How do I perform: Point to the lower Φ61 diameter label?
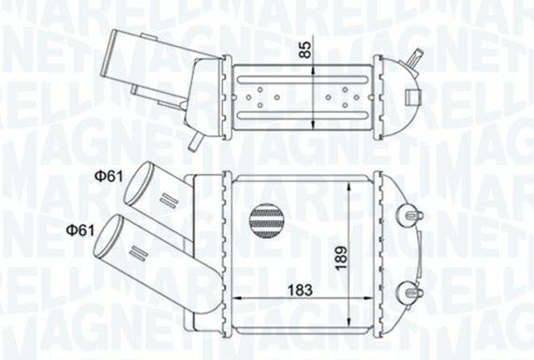coord(78,229)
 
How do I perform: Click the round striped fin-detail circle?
coord(267,223)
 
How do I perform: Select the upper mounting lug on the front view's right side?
coord(409,216)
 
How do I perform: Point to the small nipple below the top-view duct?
coord(193,142)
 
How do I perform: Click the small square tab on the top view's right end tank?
coord(413,95)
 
